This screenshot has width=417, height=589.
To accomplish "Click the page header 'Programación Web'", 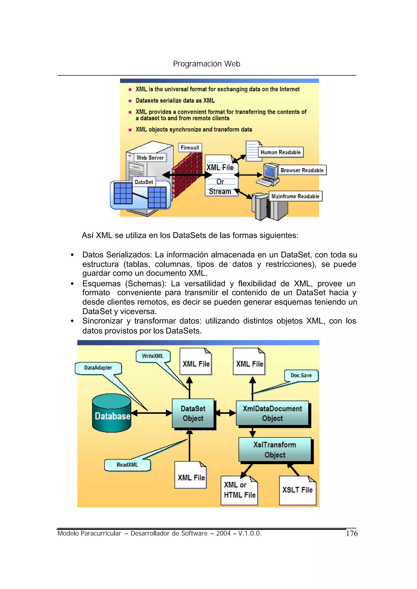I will (206, 64).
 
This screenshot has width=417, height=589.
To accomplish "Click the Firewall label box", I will (190, 148).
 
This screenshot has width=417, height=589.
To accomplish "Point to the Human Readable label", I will (280, 152).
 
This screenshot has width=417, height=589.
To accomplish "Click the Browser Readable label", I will (302, 170).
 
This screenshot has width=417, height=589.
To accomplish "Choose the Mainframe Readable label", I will (295, 196).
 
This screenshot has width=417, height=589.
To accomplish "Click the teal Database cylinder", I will (112, 413).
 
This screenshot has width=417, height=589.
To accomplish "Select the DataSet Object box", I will (193, 413).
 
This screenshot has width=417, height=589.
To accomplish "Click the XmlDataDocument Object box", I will (272, 413).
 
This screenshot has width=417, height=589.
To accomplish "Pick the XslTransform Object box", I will (275, 450).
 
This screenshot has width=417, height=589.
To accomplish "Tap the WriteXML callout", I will (153, 356).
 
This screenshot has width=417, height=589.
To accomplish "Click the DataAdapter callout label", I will (98, 368).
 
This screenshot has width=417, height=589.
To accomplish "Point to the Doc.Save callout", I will (301, 375).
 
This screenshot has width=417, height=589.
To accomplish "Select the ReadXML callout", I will (127, 465).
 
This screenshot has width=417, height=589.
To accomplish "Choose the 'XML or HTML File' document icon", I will (239, 490).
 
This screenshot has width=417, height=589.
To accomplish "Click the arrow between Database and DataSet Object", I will (151, 413).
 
